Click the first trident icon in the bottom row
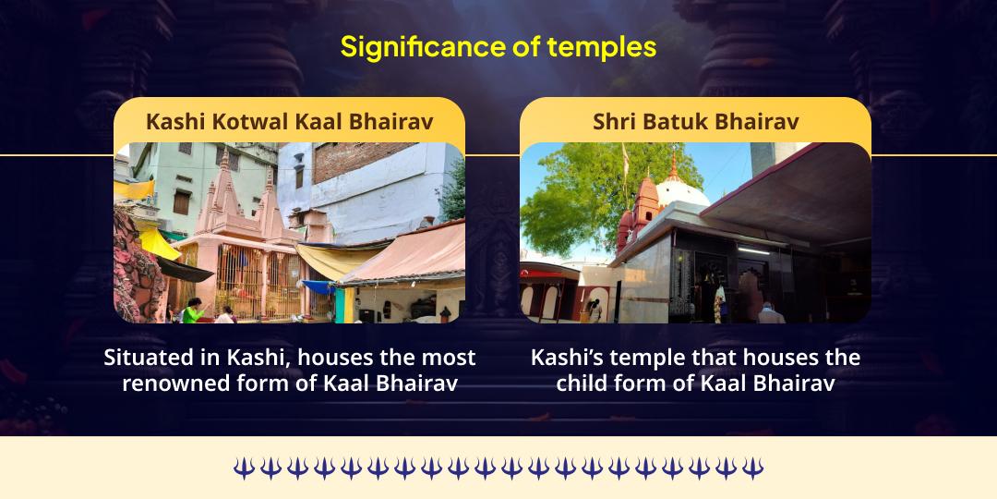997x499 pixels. (243, 469)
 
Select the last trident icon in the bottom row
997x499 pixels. (754, 469)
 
